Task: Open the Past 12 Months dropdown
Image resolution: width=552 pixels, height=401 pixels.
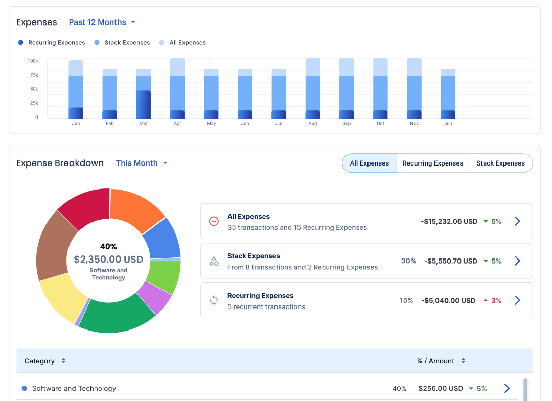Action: pyautogui.click(x=102, y=22)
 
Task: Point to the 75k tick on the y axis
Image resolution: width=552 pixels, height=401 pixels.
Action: pyautogui.click(x=34, y=75)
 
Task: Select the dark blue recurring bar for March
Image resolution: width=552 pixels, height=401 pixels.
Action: pyautogui.click(x=144, y=105)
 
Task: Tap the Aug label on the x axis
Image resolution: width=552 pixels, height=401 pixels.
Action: pyautogui.click(x=313, y=124)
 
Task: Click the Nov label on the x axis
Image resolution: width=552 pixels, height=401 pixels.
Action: pyautogui.click(x=414, y=124)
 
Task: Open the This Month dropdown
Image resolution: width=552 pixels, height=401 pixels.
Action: pyautogui.click(x=141, y=163)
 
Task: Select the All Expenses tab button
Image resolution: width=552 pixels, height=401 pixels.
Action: pyautogui.click(x=369, y=163)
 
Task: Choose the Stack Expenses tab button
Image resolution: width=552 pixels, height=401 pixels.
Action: pyautogui.click(x=500, y=163)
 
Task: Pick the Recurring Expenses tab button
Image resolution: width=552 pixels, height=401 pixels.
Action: pyautogui.click(x=432, y=163)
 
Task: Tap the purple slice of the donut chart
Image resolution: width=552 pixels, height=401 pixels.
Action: pyautogui.click(x=155, y=298)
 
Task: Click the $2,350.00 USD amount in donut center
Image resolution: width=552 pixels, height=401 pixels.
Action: pyautogui.click(x=108, y=260)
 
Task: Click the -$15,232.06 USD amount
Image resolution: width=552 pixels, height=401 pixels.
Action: pyautogui.click(x=449, y=221)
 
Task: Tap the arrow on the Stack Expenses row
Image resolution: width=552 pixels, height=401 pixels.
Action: pyautogui.click(x=517, y=261)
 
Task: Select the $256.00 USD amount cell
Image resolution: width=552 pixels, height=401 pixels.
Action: pyautogui.click(x=440, y=389)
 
